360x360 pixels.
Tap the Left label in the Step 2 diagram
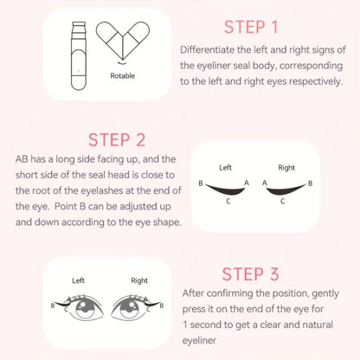tap(225, 168)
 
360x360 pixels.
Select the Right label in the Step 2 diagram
tap(287, 168)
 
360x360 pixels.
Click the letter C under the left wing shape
tap(226, 202)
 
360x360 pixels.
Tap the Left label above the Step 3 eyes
tap(78, 280)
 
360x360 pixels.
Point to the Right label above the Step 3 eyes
tap(138, 280)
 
